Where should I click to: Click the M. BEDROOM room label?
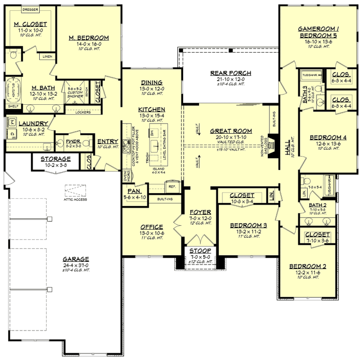click(89, 38)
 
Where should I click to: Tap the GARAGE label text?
click(77, 259)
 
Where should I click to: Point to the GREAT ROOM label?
click(231, 131)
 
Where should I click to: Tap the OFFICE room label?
click(152, 227)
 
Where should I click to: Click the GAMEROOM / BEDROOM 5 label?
click(318, 32)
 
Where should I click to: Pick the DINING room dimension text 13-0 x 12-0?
click(152, 88)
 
